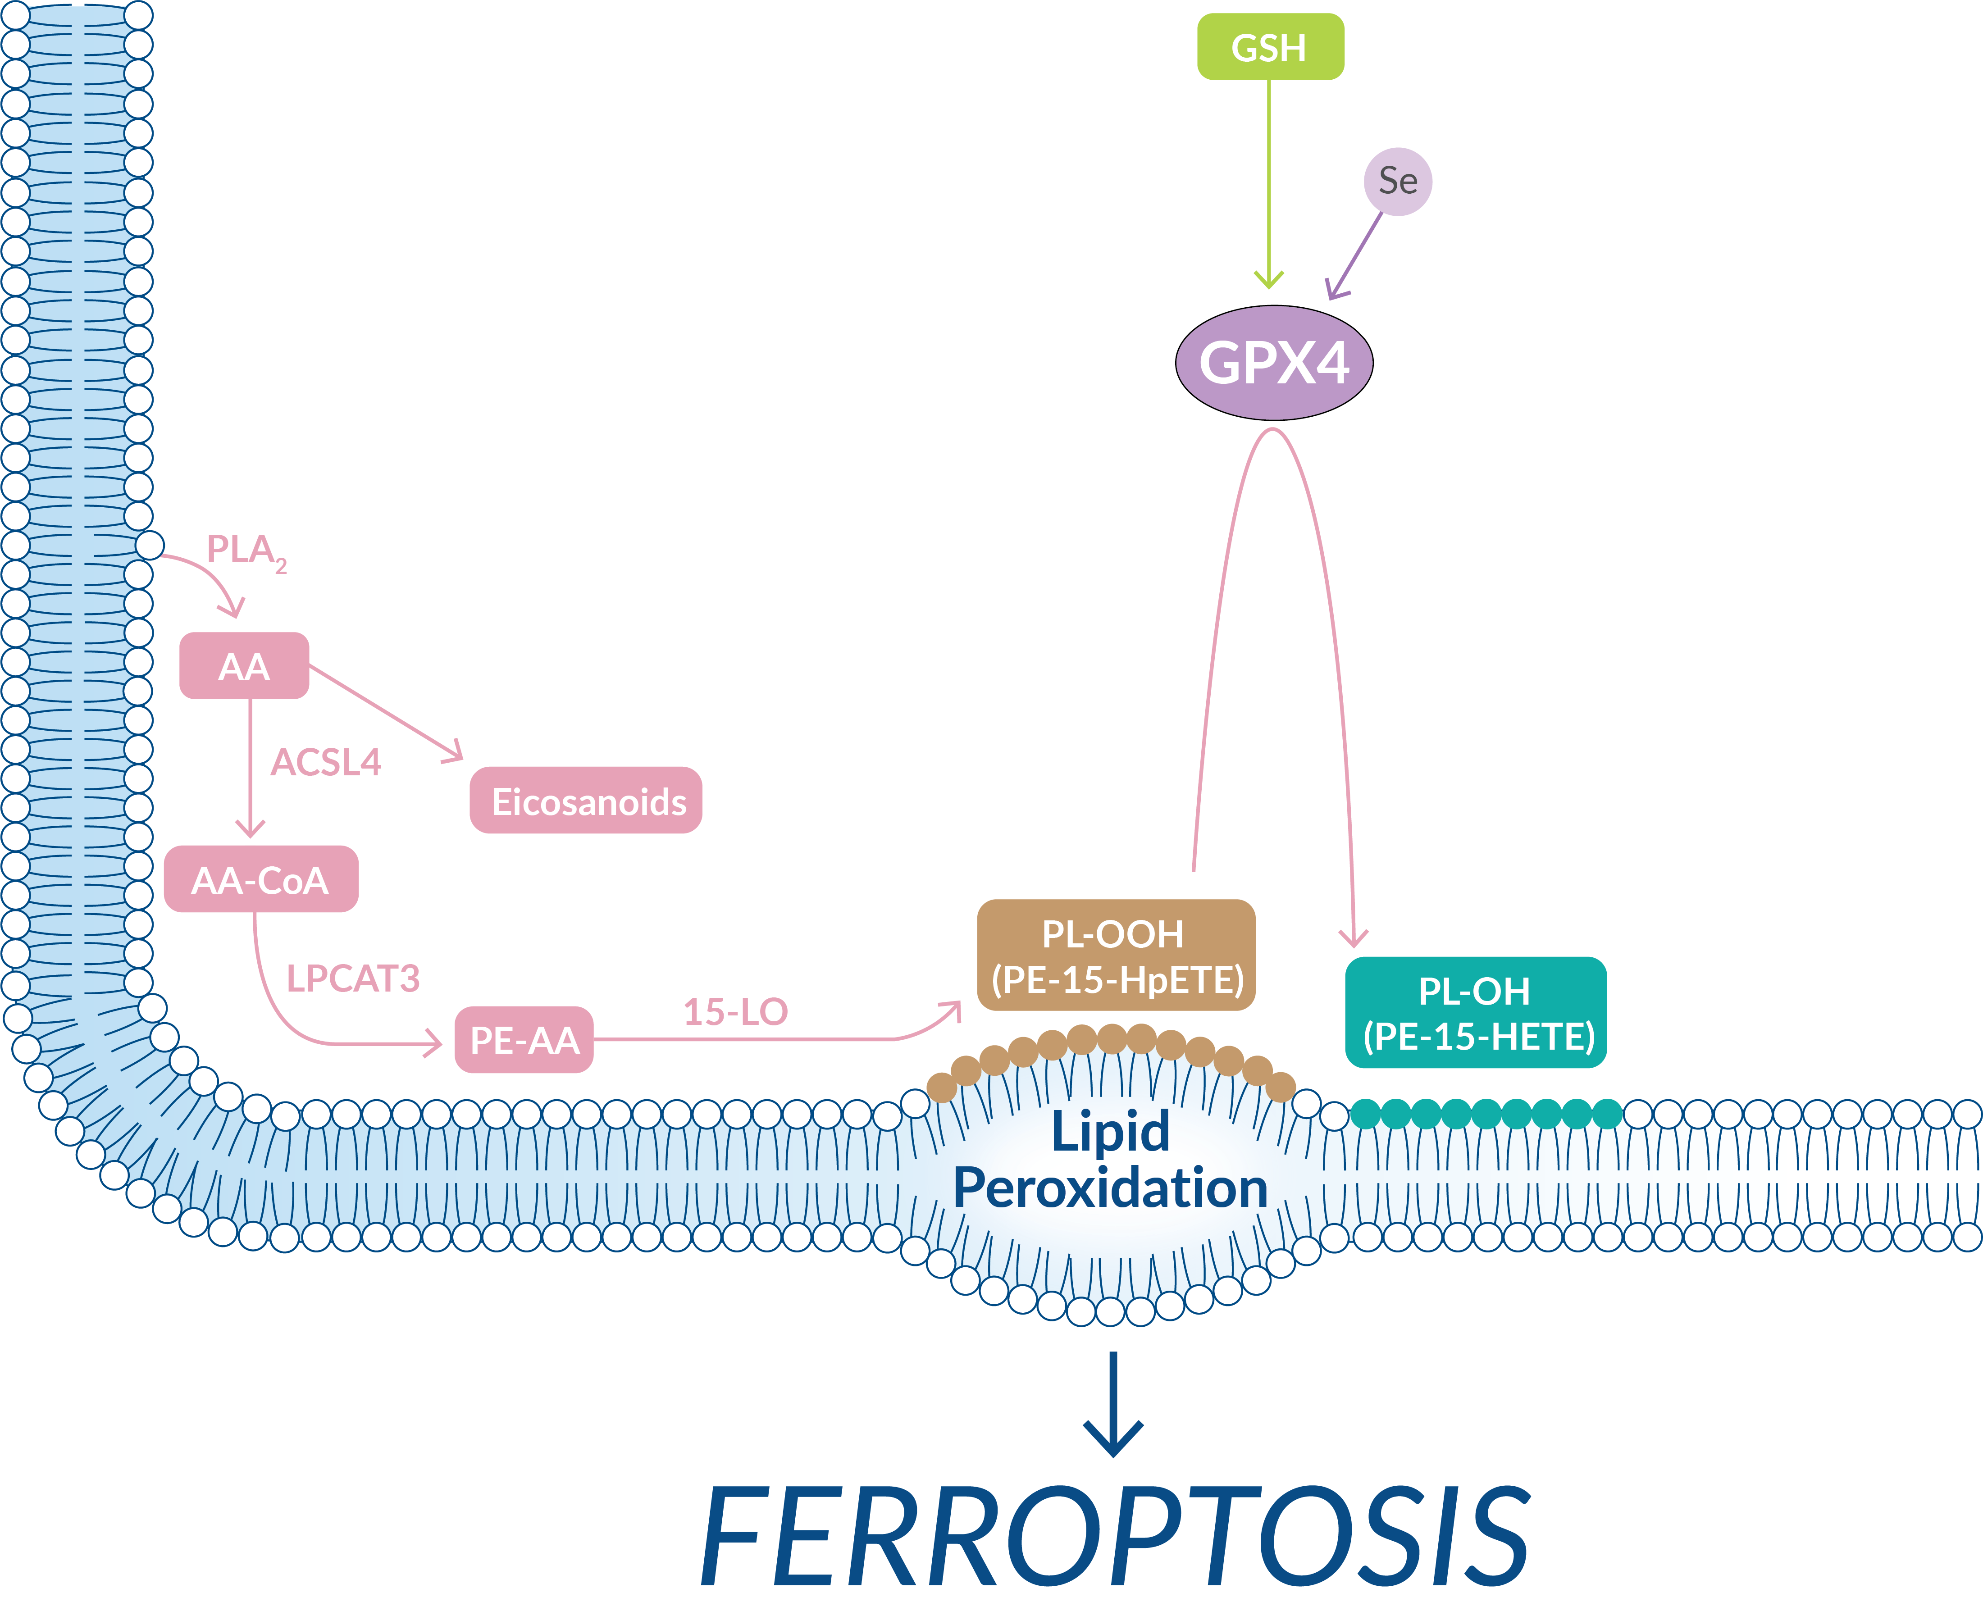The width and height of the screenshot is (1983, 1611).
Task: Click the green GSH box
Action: [1269, 46]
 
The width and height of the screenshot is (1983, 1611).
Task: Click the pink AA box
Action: [244, 665]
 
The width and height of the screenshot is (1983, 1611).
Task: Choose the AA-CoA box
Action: [261, 879]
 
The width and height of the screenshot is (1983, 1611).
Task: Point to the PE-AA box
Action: [524, 1039]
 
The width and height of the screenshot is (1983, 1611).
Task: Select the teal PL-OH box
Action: [1475, 1012]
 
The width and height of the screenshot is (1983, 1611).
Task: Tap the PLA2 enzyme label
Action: [244, 551]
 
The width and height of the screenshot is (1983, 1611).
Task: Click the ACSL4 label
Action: [326, 763]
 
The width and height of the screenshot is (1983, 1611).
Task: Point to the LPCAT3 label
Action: [353, 978]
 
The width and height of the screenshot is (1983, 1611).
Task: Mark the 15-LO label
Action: [735, 1011]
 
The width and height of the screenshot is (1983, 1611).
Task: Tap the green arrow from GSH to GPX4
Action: [1268, 186]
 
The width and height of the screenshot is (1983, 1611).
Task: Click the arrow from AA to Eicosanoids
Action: [385, 713]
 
